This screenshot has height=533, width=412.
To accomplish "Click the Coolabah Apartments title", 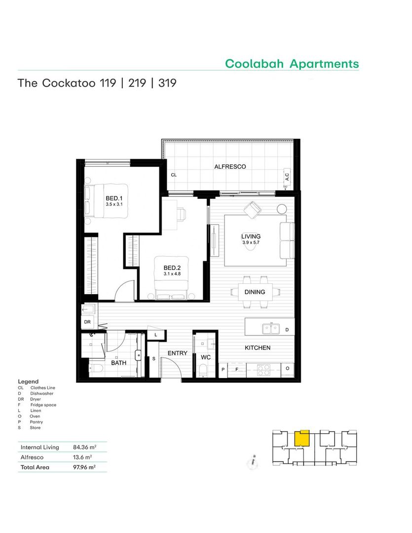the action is click(292, 64).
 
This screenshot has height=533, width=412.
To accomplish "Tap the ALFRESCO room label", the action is click(230, 167).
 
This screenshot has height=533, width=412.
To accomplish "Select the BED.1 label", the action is click(114, 198).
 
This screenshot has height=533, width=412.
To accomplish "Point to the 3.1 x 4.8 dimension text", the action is click(172, 273).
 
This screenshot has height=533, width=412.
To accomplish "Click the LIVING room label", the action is click(251, 236).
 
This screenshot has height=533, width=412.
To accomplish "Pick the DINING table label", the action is click(255, 292).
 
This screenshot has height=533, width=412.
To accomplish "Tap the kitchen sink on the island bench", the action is click(271, 329).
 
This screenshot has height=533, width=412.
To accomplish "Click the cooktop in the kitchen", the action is click(263, 370).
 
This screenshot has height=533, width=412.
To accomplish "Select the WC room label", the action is click(206, 357).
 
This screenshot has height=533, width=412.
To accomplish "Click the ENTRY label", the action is click(178, 353).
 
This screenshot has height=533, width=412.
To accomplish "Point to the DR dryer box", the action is click(87, 322).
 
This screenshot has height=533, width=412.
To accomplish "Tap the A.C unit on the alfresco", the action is click(287, 177).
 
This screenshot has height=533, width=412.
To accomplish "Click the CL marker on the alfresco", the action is click(174, 175).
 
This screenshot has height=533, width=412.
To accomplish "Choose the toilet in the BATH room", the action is click(96, 369).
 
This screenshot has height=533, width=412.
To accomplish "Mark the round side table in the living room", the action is click(282, 209).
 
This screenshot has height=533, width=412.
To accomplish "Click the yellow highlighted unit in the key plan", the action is click(301, 438).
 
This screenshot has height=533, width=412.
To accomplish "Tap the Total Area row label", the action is click(35, 467).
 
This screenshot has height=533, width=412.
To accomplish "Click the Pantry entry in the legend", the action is click(37, 422).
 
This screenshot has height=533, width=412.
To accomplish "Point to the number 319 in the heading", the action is click(167, 83).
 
